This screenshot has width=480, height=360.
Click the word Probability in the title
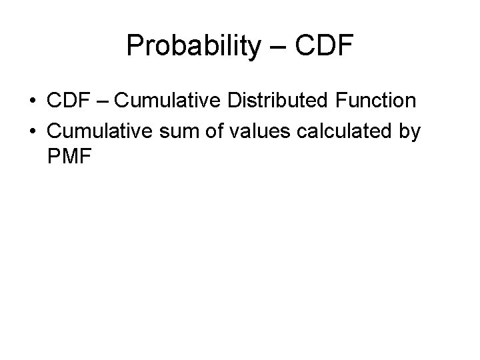click(184, 46)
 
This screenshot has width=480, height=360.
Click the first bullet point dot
click(32, 101)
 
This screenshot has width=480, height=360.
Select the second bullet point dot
click(32, 132)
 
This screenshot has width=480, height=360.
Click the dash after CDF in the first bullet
click(104, 102)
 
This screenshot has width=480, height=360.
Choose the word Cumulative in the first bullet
click(170, 101)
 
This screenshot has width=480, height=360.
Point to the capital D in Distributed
click(235, 101)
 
